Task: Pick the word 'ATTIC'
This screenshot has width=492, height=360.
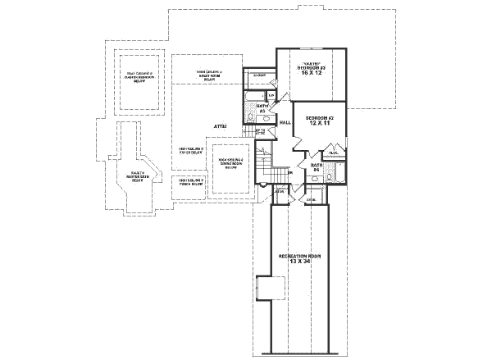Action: coord(221,126)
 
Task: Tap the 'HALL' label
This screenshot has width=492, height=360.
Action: coord(285,122)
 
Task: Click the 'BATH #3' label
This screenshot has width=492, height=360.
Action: coord(264,107)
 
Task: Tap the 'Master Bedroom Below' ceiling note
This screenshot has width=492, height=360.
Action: coord(139,77)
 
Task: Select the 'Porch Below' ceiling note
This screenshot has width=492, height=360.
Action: coord(191,182)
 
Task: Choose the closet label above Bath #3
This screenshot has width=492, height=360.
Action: coord(259,75)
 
